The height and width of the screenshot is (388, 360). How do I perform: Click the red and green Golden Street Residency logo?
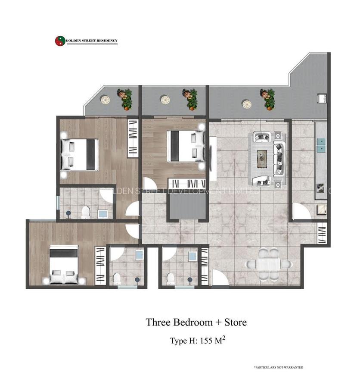pos(60,41)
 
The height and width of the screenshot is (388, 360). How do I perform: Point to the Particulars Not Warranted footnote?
pos(278,367)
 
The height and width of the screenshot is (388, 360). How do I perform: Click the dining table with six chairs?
pos(268,264)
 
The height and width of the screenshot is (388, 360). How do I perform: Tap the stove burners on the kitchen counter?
pos(321,187)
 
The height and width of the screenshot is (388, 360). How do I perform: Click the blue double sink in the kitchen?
pos(321,145)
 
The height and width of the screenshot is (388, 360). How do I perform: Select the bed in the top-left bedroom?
pos(80,154)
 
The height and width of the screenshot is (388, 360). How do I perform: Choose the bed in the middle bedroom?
pos(186,146)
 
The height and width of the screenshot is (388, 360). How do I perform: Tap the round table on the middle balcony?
pos(165,100)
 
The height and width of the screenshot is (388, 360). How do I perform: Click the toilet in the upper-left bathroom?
pos(86,212)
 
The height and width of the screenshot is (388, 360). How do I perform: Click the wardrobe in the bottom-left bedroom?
pos(100,265)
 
